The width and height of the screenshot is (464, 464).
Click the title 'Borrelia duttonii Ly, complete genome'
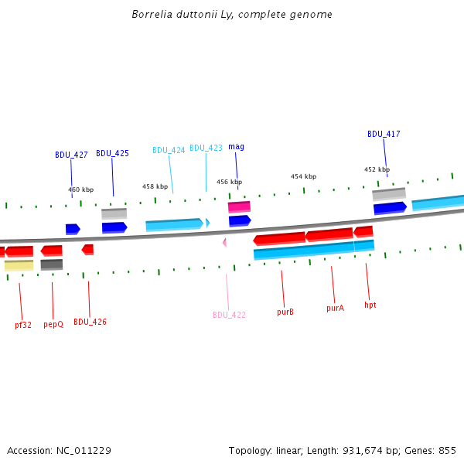pyautogui.click(x=232, y=15)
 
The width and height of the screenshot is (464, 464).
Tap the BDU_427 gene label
pyautogui.click(x=71, y=155)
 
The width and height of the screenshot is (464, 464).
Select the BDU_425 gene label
pyautogui.click(x=112, y=153)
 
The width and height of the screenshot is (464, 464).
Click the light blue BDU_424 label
pyautogui.click(x=169, y=150)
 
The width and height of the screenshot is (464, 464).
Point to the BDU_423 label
pyautogui.click(x=206, y=148)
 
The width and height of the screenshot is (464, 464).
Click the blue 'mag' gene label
pyautogui.click(x=236, y=146)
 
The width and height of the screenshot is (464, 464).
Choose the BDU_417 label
pyautogui.click(x=384, y=134)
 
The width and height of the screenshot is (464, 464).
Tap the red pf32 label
pyautogui.click(x=23, y=325)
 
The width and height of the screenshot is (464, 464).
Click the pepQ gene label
pyautogui.click(x=53, y=325)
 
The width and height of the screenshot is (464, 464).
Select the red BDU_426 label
pyautogui.click(x=90, y=322)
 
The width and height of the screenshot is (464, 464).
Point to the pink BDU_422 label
pyautogui.click(x=229, y=315)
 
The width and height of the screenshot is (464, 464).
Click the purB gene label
pyautogui.click(x=285, y=312)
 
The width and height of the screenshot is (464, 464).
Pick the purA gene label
pyautogui.click(x=335, y=307)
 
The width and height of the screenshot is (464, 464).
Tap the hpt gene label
pyautogui.click(x=370, y=305)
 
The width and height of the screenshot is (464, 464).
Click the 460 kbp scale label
pyautogui.click(x=80, y=189)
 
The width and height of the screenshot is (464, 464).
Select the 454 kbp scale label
pyautogui.click(x=303, y=176)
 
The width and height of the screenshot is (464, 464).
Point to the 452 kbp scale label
pyautogui.click(x=377, y=169)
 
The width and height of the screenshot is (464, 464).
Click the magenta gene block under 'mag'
pyautogui.click(x=239, y=206)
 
